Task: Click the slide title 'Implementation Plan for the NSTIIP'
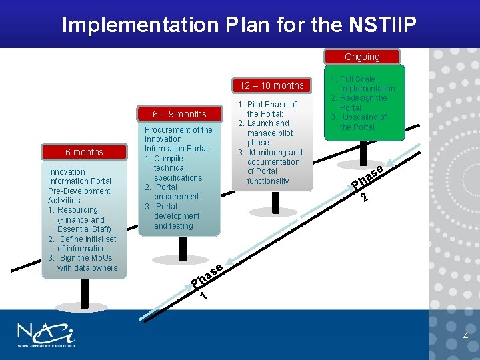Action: (x=239, y=25)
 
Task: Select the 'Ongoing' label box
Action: (x=362, y=57)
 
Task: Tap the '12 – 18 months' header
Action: (x=271, y=85)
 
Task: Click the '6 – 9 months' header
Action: (x=179, y=114)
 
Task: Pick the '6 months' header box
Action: (x=84, y=152)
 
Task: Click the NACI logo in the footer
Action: (x=47, y=335)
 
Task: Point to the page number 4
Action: (x=465, y=336)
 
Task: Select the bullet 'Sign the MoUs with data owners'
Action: (x=83, y=263)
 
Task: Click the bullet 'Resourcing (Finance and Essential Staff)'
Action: (x=80, y=219)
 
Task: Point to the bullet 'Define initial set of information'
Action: (x=83, y=243)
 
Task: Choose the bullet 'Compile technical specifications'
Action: (x=177, y=168)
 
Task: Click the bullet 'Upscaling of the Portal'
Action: (x=364, y=122)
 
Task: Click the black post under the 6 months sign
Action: (x=84, y=294)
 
